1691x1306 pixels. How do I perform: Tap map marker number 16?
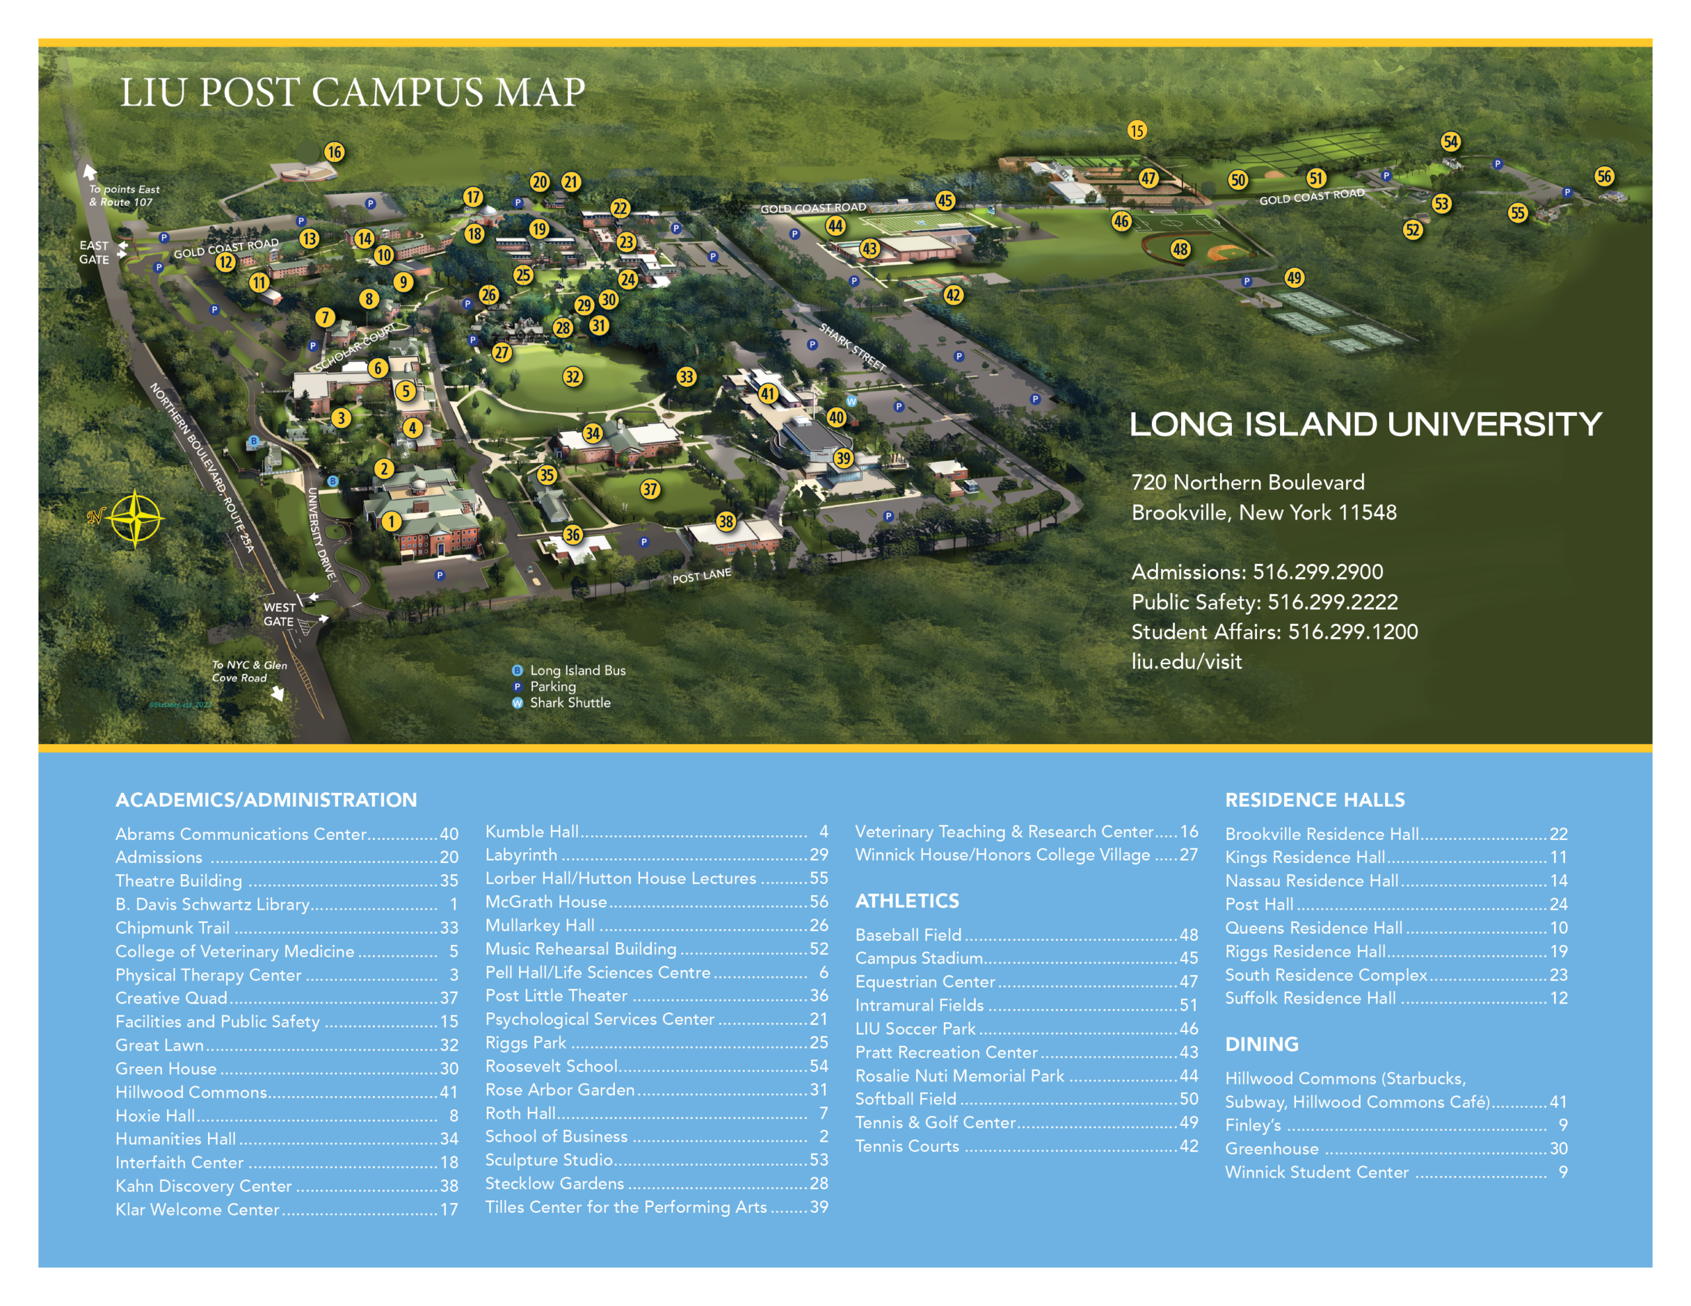[x=334, y=152]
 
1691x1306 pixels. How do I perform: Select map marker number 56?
[x=1604, y=176]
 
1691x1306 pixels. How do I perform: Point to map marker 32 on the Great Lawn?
[x=572, y=377]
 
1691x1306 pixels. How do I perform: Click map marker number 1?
[x=391, y=522]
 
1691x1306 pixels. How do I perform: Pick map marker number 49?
[x=1294, y=278]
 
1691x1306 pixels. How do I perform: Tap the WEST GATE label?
[x=279, y=615]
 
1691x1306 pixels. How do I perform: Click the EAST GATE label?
[x=94, y=252]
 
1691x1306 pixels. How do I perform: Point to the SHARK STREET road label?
[x=853, y=347]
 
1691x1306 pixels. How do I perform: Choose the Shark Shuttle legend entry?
[x=569, y=703]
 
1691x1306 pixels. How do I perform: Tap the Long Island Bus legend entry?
[x=577, y=670]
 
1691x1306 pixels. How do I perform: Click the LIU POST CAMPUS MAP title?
[x=352, y=93]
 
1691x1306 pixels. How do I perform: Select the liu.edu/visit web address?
[x=1186, y=662]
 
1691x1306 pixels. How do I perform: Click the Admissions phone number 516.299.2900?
[x=1317, y=572]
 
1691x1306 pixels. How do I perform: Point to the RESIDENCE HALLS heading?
[x=1314, y=800]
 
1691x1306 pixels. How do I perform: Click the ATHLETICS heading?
[x=907, y=901]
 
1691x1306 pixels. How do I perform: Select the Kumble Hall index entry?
[x=532, y=831]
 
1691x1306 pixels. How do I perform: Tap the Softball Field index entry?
[x=905, y=1099]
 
